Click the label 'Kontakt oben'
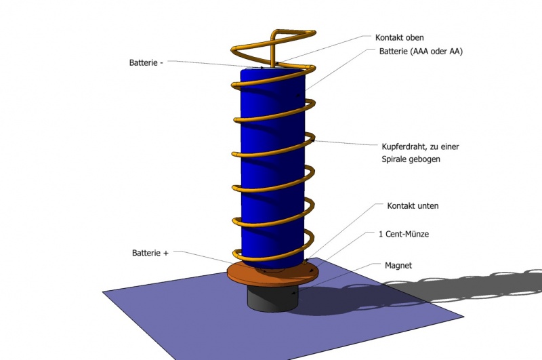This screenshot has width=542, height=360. (x=399, y=37)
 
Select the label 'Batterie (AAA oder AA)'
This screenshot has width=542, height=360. (x=421, y=52)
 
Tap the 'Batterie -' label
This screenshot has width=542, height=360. (x=146, y=62)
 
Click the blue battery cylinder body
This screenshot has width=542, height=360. (x=271, y=169)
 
